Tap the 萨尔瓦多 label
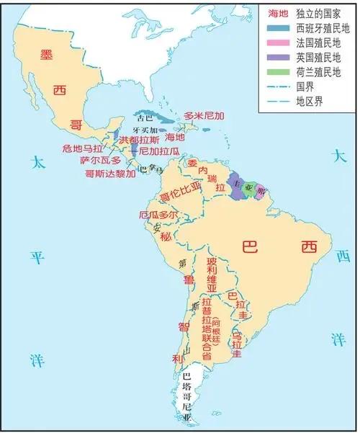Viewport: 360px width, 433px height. (101, 161)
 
